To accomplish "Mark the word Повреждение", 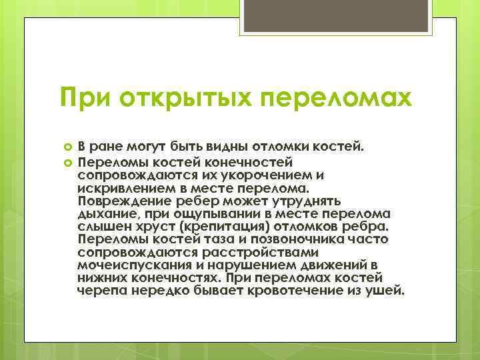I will coord(125,201).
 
